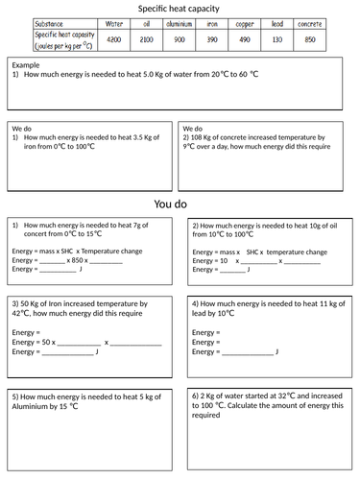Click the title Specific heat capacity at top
coord(180,8)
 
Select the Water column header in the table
coord(114,23)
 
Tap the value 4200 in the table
coord(114,39)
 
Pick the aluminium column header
coord(180,23)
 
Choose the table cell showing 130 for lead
coord(276,39)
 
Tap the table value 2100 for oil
coord(147,39)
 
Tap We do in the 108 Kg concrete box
coord(193,127)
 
